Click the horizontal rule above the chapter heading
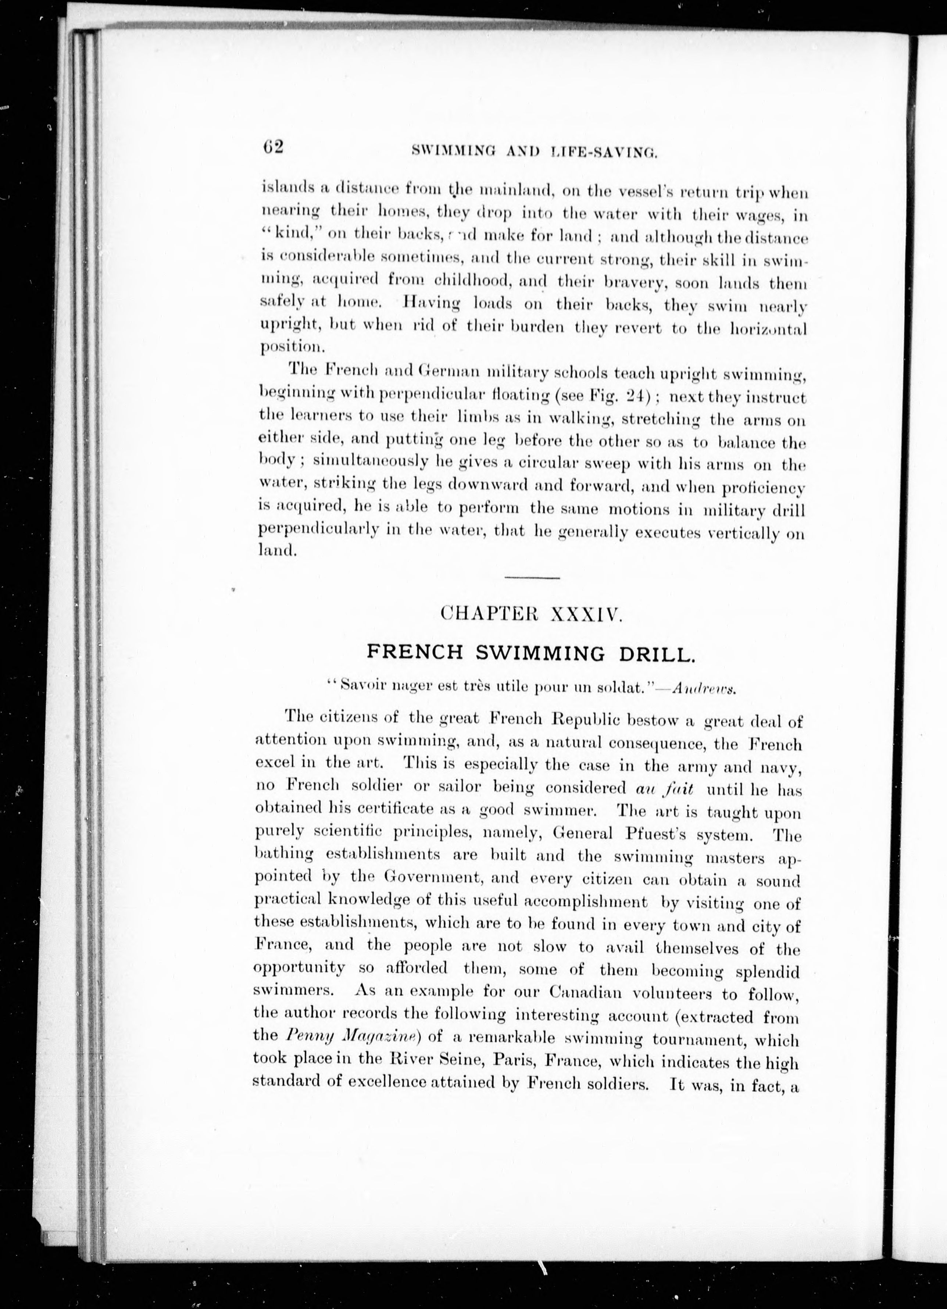pos(532,578)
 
